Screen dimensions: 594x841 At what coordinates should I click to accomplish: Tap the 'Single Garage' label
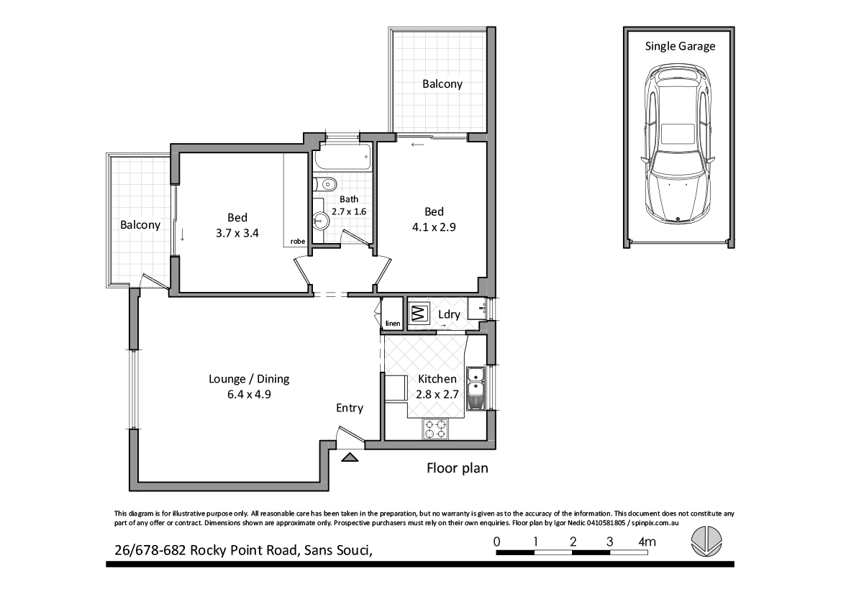(680, 46)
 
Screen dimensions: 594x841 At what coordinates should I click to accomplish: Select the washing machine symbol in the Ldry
(419, 314)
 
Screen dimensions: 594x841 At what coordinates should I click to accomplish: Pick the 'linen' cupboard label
(392, 324)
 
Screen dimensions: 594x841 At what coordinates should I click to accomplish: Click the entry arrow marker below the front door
(350, 457)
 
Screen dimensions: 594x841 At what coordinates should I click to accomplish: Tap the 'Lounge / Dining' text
(249, 379)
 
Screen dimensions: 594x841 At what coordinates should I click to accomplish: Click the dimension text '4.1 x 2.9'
(434, 226)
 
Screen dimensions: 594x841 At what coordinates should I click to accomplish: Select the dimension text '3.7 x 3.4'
(237, 233)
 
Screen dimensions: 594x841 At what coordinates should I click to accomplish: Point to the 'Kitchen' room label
(437, 379)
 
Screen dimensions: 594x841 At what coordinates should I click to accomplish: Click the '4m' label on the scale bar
(648, 541)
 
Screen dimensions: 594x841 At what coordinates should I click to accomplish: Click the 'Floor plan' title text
(458, 469)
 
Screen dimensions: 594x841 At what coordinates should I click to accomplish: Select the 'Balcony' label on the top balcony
(442, 84)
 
